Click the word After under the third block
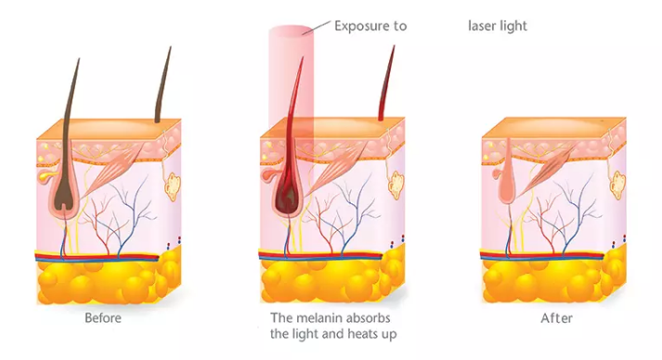coord(556,318)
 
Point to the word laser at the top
coord(483,26)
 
